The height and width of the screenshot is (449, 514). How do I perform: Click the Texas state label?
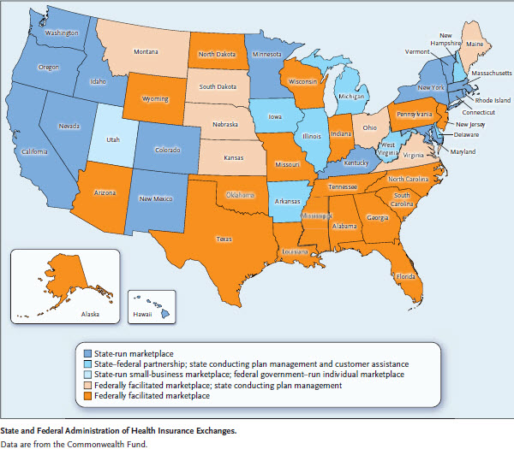(224, 239)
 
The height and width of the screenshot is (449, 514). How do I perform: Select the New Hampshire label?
(446, 40)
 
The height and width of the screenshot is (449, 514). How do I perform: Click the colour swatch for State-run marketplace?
(87, 352)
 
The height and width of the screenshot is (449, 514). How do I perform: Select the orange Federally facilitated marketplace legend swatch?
(87, 396)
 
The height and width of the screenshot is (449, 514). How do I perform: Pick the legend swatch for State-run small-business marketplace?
(87, 375)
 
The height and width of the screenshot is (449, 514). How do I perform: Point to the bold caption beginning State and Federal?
(117, 432)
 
